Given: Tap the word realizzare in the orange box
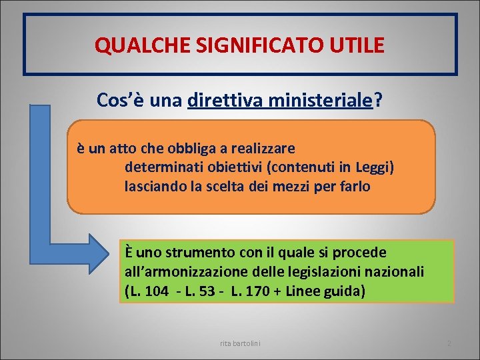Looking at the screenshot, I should point(267,147).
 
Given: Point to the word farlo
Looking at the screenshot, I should point(353,187).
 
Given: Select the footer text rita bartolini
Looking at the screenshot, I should point(240,343).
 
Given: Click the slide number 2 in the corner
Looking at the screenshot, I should point(449,343).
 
